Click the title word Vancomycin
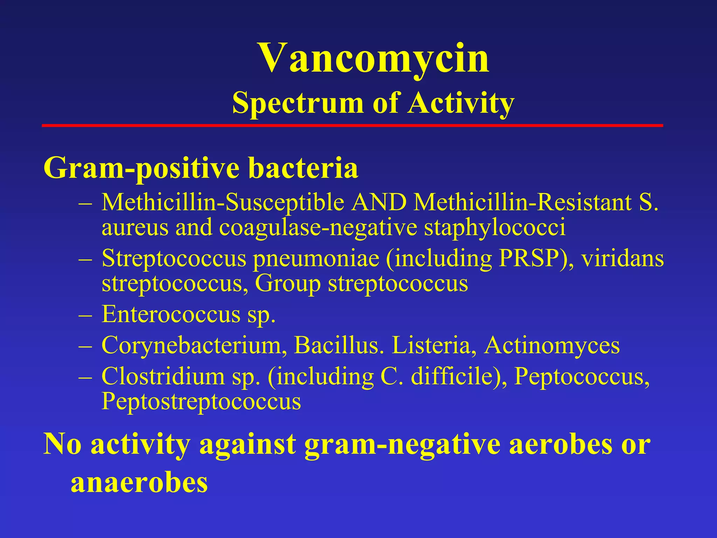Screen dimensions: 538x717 click(374, 58)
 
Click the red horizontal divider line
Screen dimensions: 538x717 click(352, 125)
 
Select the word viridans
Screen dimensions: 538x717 click(623, 258)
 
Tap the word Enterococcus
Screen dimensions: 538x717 click(171, 314)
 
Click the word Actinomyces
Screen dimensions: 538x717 click(552, 345)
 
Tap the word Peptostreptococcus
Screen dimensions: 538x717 click(201, 401)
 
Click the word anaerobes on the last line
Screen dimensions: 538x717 click(139, 483)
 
